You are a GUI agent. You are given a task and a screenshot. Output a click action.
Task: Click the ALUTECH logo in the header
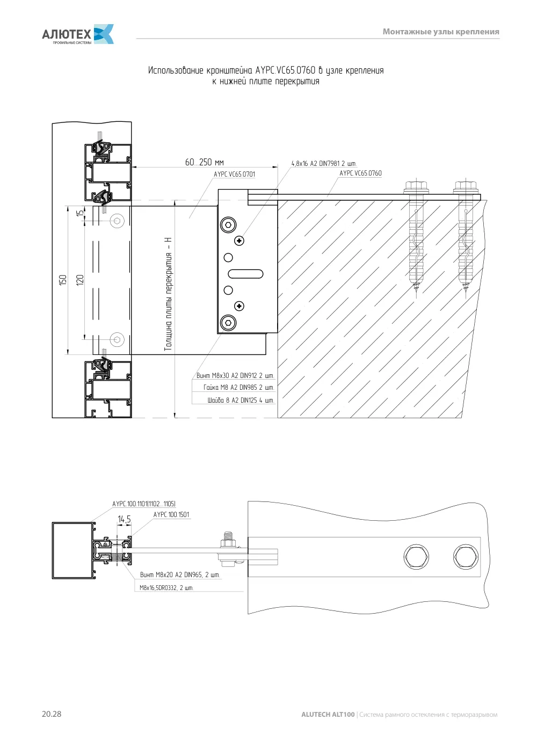tap(78, 34)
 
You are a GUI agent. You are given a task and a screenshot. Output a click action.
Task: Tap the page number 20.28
tap(52, 714)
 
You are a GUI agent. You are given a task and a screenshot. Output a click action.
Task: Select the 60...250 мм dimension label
tap(204, 162)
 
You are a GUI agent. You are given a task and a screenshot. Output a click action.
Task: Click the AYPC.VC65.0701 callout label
tap(234, 174)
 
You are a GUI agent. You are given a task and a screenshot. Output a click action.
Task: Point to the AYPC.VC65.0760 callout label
tap(360, 173)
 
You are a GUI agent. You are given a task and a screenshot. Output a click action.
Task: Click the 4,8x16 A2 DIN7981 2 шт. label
tap(324, 163)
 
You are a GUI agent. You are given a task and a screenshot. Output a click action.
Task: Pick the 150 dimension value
tap(63, 280)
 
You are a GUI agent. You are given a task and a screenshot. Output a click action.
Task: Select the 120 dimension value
tap(80, 280)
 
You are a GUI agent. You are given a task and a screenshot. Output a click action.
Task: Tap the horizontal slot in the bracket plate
tap(245, 274)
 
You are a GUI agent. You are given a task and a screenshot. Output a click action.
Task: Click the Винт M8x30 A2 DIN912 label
tap(235, 375)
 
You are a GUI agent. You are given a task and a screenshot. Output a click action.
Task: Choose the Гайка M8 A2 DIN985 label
tap(238, 388)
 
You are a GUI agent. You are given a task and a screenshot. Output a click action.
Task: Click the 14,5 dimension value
tap(124, 519)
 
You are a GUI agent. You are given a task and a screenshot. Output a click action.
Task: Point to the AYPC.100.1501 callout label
tap(171, 514)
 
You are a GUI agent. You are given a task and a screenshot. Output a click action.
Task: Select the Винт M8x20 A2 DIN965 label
tap(180, 574)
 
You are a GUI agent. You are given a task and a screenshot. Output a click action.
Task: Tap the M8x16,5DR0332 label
tap(166, 588)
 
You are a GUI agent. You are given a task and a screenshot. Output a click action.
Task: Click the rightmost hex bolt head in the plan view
tap(466, 557)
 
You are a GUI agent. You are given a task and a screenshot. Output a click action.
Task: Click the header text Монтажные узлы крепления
tap(441, 32)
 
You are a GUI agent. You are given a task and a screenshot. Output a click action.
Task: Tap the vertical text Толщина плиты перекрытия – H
tap(168, 294)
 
